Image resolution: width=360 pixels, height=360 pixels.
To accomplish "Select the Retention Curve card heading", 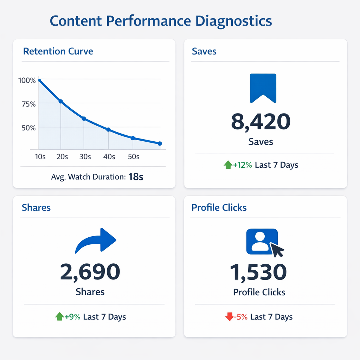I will coord(58,51).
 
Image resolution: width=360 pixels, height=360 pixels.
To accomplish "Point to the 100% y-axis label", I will coord(27,80).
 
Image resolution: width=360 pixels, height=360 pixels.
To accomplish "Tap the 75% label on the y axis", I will coord(28,104).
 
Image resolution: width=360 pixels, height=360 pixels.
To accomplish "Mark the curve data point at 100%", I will coord(39,81).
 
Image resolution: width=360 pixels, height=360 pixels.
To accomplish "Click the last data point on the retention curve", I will coord(160,143).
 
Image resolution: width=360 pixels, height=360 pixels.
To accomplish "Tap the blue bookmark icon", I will coord(263,88).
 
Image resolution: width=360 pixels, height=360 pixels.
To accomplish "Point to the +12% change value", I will coord(243,165).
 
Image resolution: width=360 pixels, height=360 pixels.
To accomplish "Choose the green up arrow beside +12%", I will coord(228,165).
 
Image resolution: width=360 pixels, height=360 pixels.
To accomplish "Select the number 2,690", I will coord(90,272).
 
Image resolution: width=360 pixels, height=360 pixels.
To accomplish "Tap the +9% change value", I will coord(72,317).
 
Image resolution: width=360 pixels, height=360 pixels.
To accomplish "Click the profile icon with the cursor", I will coord(264,242).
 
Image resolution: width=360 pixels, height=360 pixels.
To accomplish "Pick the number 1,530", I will coord(258,272).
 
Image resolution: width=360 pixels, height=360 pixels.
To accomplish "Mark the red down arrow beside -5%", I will coord(229,317).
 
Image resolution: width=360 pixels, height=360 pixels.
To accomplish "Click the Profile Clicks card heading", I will coord(219,207).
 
